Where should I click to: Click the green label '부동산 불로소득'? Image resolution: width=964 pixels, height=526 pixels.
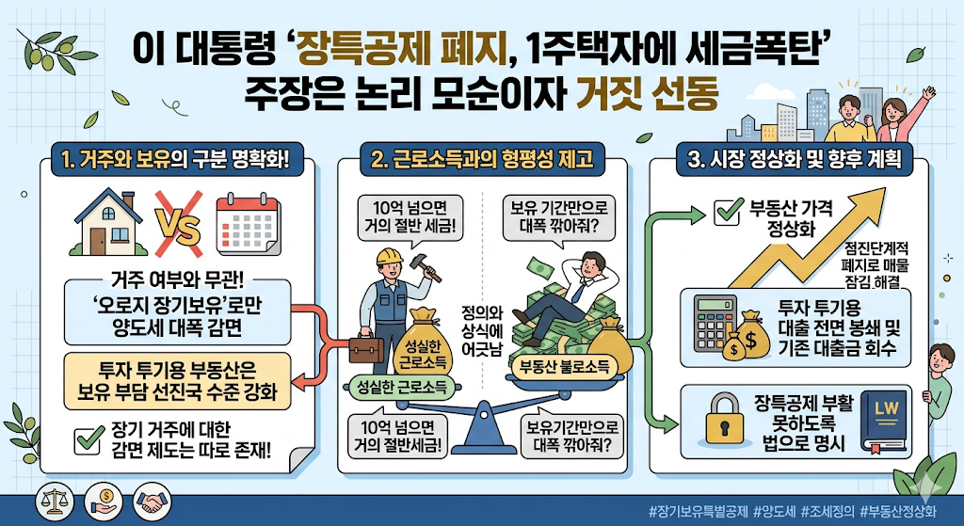point(565,365)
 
